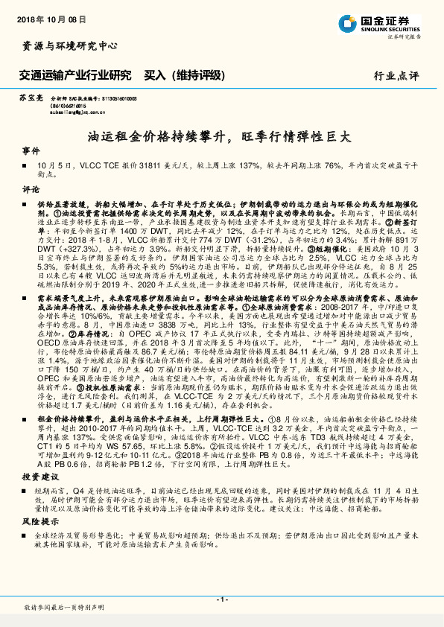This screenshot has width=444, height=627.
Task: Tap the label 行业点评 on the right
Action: point(396,75)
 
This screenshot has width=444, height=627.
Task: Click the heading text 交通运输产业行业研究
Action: point(74,75)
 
